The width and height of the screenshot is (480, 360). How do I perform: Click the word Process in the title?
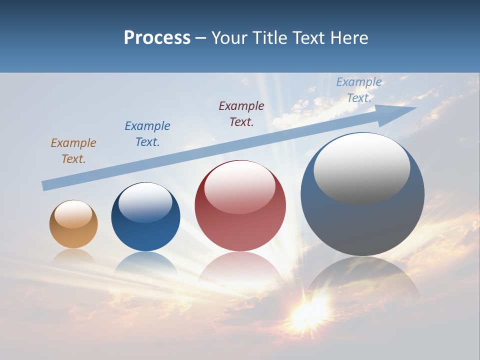pyautogui.click(x=157, y=38)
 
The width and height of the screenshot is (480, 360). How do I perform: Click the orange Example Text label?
pyautogui.click(x=73, y=151)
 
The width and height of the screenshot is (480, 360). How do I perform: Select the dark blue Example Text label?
pyautogui.click(x=147, y=134)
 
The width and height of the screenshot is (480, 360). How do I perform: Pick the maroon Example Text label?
pyautogui.click(x=241, y=113)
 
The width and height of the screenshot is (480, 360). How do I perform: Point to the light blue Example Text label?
pyautogui.click(x=358, y=90)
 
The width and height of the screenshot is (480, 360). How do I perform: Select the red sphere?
pyautogui.click(x=240, y=220)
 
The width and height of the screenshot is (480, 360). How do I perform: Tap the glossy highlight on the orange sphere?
pyautogui.click(x=73, y=214)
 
